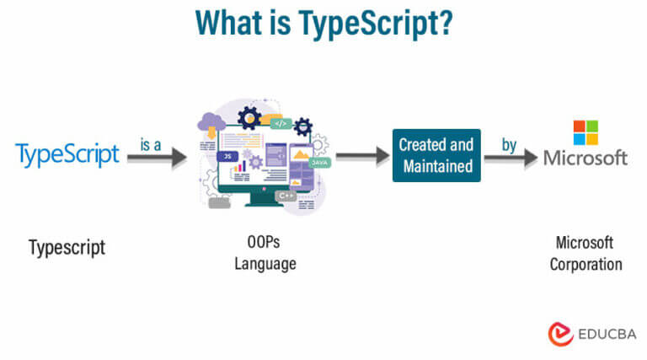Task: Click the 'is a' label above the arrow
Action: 151,145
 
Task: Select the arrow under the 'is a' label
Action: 156,158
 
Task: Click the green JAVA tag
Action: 318,161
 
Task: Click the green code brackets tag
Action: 281,123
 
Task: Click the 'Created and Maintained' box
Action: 436,155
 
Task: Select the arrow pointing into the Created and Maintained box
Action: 361,157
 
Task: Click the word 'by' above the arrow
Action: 509,145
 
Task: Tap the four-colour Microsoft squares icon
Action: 586,132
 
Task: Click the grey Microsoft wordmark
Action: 586,158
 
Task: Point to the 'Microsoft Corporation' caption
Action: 586,253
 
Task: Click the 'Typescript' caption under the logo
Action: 67,248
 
